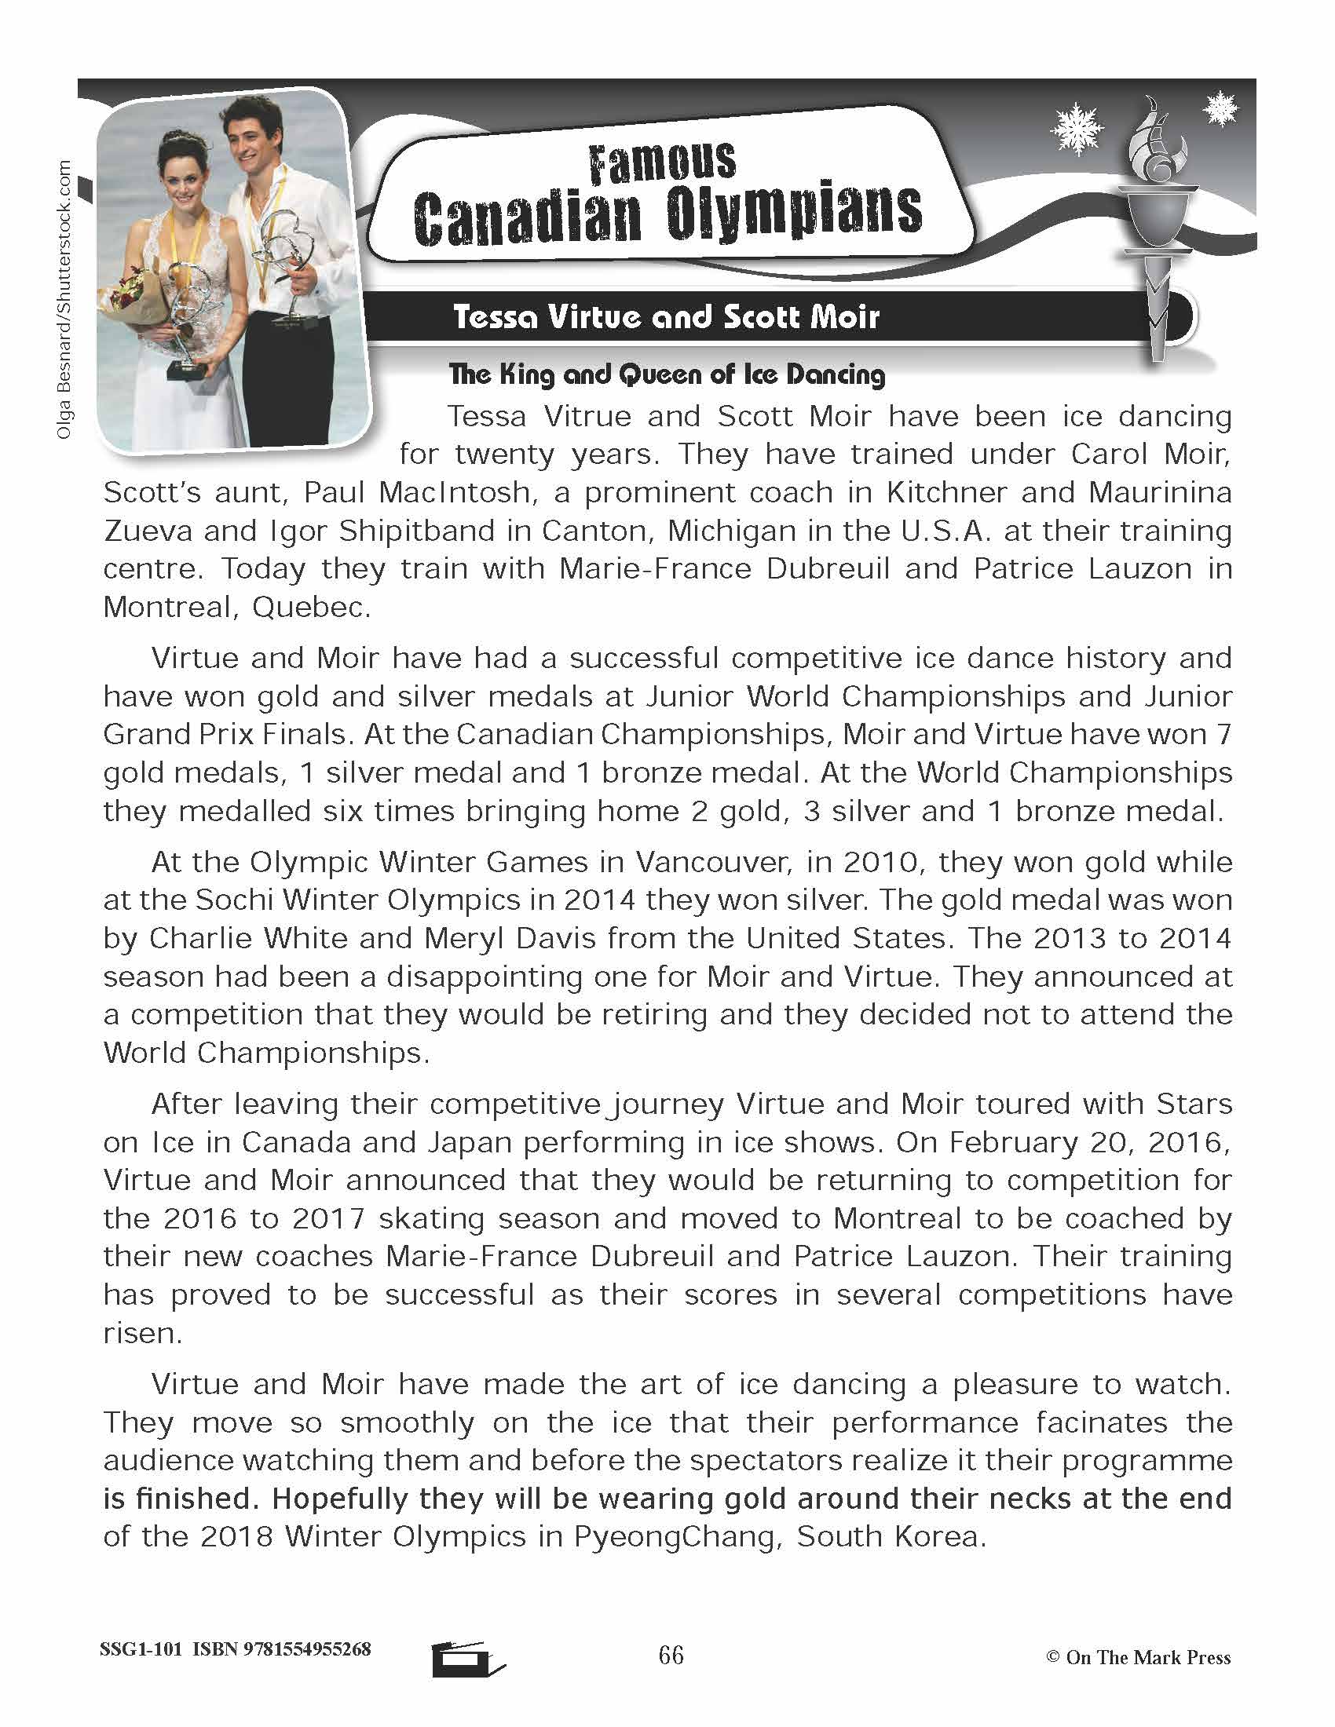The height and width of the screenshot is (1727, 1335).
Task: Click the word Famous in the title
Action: [x=662, y=162]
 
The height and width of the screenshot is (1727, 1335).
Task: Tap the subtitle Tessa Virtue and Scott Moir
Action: [x=666, y=317]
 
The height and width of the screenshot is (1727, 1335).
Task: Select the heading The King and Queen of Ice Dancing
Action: [x=666, y=374]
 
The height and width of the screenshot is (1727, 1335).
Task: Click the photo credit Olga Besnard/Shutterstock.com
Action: [x=64, y=301]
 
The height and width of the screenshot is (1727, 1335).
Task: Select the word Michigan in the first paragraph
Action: [x=732, y=531]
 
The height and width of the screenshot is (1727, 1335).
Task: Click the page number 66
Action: [x=671, y=1655]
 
